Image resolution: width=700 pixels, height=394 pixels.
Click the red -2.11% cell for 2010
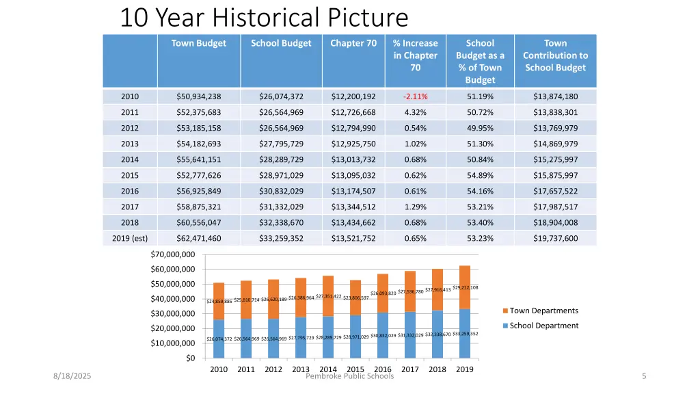click(x=415, y=96)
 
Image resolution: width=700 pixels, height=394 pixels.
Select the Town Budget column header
click(x=199, y=43)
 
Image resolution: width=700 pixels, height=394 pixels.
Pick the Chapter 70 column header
click(x=353, y=43)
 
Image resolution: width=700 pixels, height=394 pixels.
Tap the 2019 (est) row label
click(x=130, y=238)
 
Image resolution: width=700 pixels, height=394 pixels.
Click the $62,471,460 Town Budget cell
click(x=199, y=238)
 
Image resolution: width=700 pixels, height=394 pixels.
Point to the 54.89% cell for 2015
click(x=480, y=175)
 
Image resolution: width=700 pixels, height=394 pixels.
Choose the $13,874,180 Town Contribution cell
click(x=555, y=96)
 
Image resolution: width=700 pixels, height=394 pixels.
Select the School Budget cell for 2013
click(x=281, y=144)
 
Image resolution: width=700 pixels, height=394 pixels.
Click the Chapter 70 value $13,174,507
click(x=353, y=191)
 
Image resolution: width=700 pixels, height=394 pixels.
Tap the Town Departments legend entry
click(x=543, y=311)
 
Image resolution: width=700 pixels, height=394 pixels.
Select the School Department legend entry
click(x=543, y=326)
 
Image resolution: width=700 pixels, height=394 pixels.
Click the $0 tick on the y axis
click(x=190, y=358)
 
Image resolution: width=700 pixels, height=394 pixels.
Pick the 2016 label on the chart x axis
click(x=383, y=369)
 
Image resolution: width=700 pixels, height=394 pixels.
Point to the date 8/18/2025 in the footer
click(x=73, y=376)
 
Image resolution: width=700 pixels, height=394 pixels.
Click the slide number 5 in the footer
click(x=644, y=376)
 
